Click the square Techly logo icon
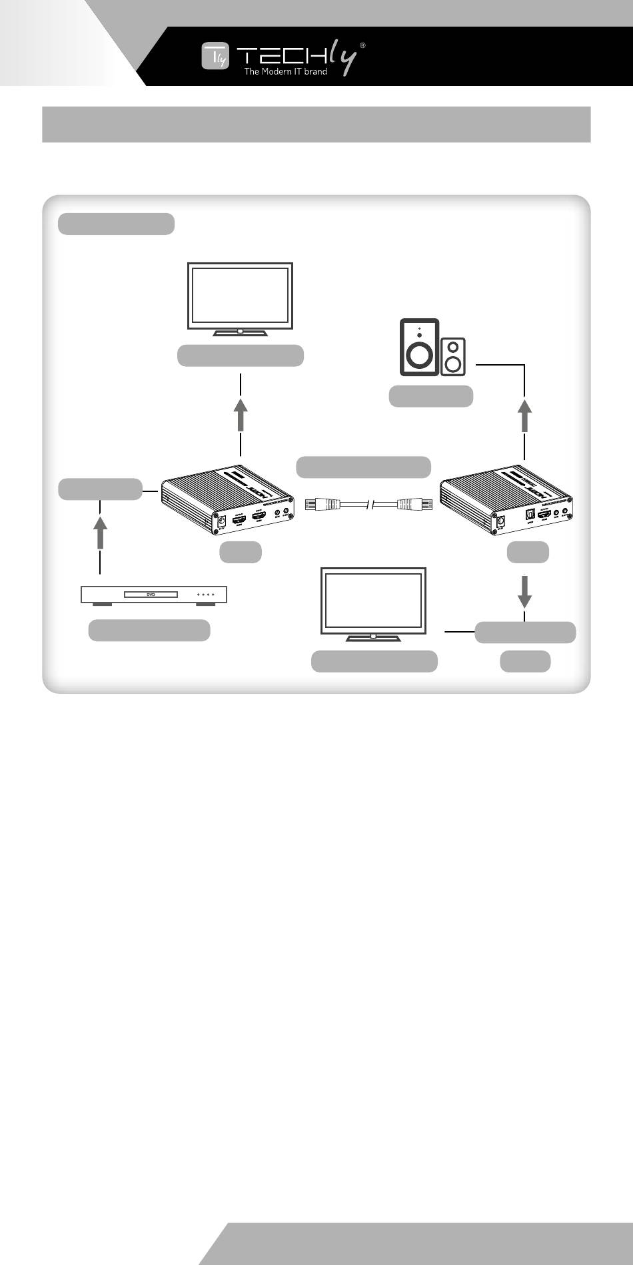(215, 57)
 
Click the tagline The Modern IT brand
(285, 72)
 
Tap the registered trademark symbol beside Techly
(362, 45)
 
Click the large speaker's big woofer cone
(418, 355)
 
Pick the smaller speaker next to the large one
(453, 356)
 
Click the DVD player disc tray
(151, 594)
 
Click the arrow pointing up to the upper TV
(241, 414)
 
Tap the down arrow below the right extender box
(525, 592)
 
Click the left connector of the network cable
(320, 505)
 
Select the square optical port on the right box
(529, 516)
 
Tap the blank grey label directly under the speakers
(431, 396)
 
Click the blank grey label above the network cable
(363, 467)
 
